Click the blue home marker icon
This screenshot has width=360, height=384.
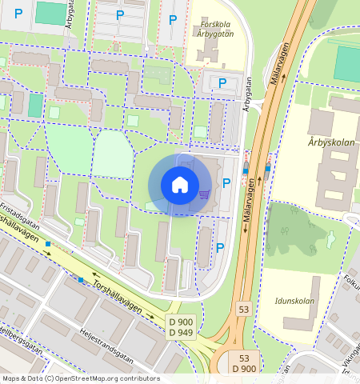tap(180, 185)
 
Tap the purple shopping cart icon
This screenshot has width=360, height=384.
tap(205, 193)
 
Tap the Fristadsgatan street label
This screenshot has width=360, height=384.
tap(21, 209)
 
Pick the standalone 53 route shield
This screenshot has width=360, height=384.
tap(243, 308)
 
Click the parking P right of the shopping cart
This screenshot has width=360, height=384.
tap(226, 182)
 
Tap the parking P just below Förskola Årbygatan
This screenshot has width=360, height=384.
tap(222, 82)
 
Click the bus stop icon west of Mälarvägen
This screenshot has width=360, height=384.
tap(246, 170)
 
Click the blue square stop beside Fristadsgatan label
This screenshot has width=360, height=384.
tap(50, 242)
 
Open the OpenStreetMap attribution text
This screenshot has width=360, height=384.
tap(80, 378)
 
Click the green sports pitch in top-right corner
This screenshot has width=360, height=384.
tap(347, 63)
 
